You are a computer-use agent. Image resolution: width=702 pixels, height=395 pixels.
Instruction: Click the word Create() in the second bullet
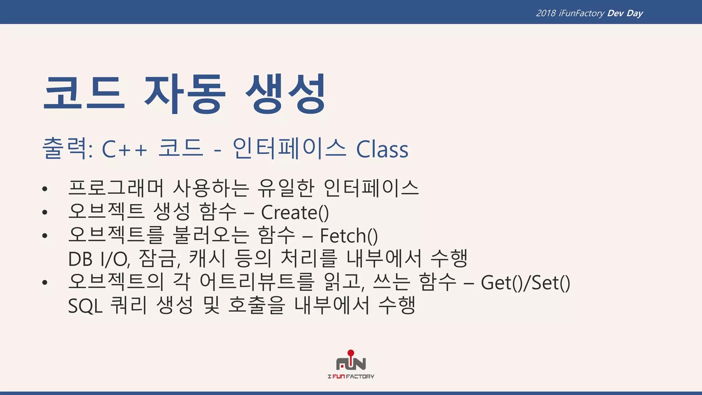[x=295, y=213]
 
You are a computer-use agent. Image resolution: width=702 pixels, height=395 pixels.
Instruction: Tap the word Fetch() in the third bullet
[x=349, y=236]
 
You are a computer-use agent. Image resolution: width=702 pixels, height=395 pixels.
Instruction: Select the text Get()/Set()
[x=525, y=283]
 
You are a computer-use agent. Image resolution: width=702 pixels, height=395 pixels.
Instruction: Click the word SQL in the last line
[x=85, y=306]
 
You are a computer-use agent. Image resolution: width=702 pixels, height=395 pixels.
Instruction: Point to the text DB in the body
[x=80, y=259]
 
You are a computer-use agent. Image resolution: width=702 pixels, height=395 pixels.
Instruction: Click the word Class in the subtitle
[x=382, y=149]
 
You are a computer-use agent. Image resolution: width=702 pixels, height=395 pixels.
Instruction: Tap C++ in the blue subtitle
[x=124, y=149]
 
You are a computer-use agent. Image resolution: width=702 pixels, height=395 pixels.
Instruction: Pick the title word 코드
[x=84, y=94]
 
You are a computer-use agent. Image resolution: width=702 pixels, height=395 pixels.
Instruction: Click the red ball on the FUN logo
[x=351, y=353]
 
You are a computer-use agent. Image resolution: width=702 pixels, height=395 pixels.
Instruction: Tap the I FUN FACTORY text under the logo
[x=351, y=376]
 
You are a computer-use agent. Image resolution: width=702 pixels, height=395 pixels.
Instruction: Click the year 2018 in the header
[x=546, y=13]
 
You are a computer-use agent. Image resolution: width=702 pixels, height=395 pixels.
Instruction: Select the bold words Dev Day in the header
[x=625, y=13]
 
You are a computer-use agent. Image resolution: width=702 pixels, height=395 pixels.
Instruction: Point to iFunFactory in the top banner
[x=581, y=13]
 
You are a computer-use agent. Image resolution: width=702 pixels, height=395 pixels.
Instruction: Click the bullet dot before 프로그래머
[x=45, y=189]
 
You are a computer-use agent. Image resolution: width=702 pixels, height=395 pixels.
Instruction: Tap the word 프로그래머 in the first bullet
[x=116, y=188]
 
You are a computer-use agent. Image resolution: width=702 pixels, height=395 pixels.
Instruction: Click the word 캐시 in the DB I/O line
[x=207, y=259]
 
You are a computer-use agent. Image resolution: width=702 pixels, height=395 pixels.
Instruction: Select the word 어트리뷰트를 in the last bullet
[x=257, y=282]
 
